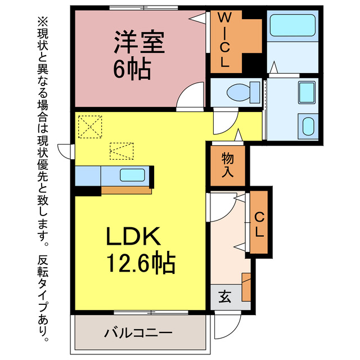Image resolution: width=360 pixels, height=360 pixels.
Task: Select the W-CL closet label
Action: point(224,40)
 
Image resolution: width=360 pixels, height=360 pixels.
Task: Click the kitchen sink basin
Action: point(133,175)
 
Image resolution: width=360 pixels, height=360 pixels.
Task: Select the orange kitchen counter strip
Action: point(126,190)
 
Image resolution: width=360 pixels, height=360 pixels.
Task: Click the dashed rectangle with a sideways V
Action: point(121,151)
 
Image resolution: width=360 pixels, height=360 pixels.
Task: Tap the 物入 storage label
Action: point(228,165)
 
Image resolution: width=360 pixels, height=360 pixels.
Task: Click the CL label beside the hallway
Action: point(259,223)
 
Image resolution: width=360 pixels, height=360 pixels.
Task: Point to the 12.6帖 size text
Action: point(140,262)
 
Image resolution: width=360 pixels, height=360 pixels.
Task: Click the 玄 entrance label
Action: point(223,297)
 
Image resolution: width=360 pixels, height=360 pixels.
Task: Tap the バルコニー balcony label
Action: point(138,333)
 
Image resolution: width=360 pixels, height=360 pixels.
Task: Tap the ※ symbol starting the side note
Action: point(43,22)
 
